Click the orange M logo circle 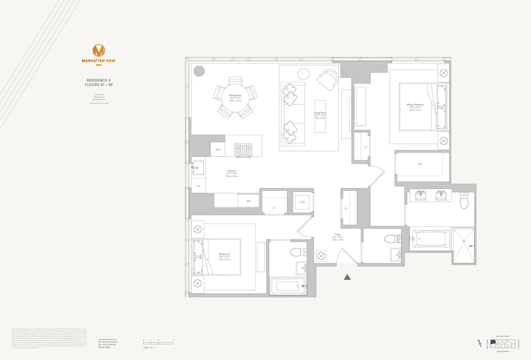[100, 50]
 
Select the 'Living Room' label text [320, 113]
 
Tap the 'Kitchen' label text [232, 171]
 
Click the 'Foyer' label [338, 235]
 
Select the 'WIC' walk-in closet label [420, 164]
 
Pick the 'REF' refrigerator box [248, 201]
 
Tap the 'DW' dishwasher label [198, 186]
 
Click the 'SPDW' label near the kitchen [218, 150]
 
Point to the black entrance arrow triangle [348, 277]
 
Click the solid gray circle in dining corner [199, 71]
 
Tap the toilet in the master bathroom [464, 201]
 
